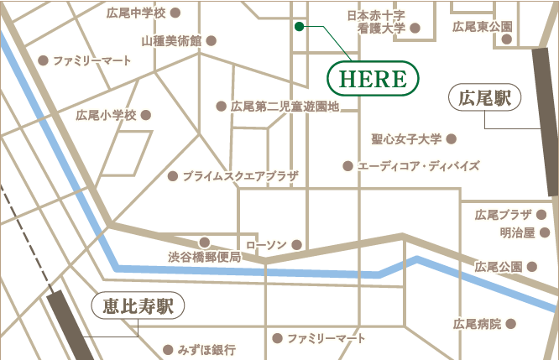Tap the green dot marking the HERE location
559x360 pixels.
pyautogui.click(x=299, y=27)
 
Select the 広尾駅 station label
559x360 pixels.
pyautogui.click(x=486, y=97)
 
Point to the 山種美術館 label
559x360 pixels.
pyautogui.click(x=172, y=39)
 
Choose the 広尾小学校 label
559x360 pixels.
pyautogui.click(x=106, y=115)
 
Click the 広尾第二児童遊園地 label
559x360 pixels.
pyautogui.click(x=285, y=107)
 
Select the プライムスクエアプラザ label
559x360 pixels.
pyautogui.click(x=241, y=176)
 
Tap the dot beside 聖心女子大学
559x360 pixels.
pyautogui.click(x=452, y=138)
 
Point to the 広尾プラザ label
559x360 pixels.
pyautogui.click(x=504, y=215)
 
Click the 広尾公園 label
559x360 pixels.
pyautogui.click(x=499, y=267)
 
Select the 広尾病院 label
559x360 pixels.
pyautogui.click(x=477, y=323)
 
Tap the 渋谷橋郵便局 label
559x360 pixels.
pyautogui.click(x=205, y=256)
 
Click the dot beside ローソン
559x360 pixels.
pyautogui.click(x=295, y=245)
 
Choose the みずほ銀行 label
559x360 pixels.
pyautogui.click(x=206, y=348)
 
